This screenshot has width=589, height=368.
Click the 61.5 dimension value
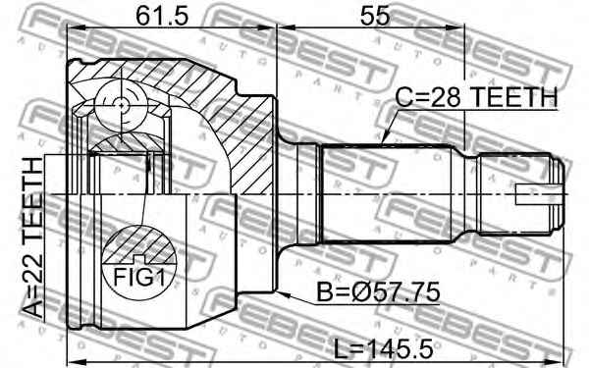(161, 16)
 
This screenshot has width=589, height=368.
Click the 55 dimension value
(375, 16)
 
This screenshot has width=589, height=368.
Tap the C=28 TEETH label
(476, 97)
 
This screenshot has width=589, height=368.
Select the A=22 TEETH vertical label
(33, 238)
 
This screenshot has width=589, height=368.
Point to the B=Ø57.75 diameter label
(378, 292)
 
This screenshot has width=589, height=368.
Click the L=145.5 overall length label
(383, 348)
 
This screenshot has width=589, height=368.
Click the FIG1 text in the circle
(139, 278)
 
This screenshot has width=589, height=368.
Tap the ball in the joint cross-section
(121, 106)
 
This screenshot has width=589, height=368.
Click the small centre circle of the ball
(121, 106)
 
